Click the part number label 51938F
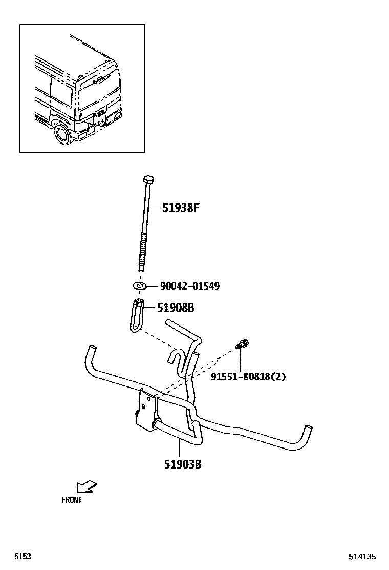tap(180, 208)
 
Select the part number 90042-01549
tap(189, 286)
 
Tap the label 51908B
tap(176, 308)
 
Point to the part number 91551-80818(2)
tap(248, 377)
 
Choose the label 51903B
tap(182, 464)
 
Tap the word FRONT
tap(72, 500)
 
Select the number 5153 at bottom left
tap(23, 556)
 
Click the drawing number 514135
tap(362, 556)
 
